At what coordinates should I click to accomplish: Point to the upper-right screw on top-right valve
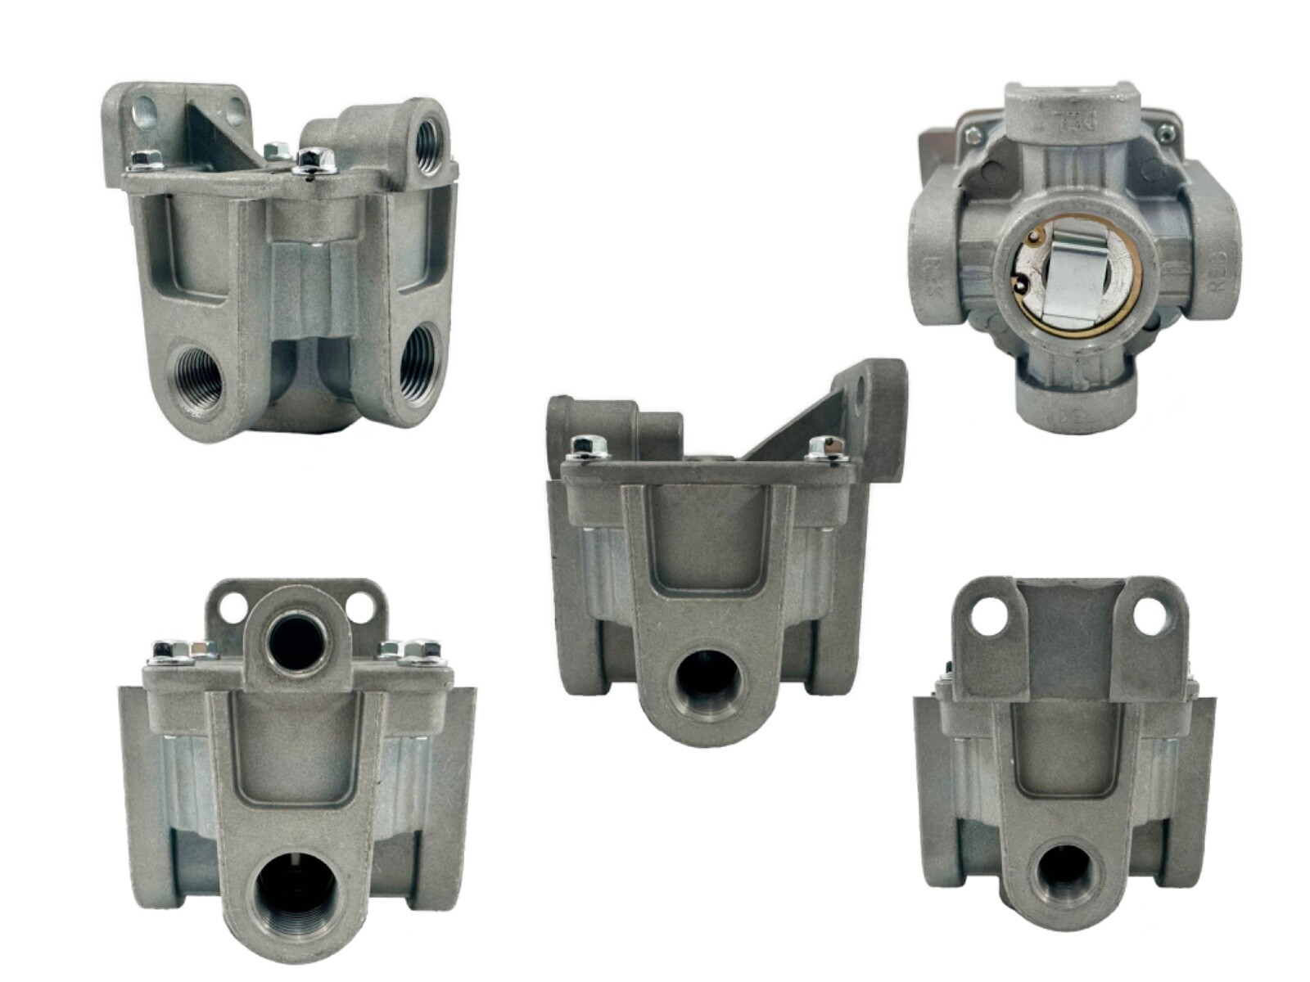1165,131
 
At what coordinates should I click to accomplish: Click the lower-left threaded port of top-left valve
199,378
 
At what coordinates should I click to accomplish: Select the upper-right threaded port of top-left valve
428,146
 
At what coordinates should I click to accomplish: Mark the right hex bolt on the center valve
825,447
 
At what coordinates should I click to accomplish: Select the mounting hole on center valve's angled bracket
857,395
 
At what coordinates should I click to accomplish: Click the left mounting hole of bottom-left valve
233,607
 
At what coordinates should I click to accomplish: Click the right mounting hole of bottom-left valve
359,607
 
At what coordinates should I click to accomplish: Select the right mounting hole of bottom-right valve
1149,615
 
